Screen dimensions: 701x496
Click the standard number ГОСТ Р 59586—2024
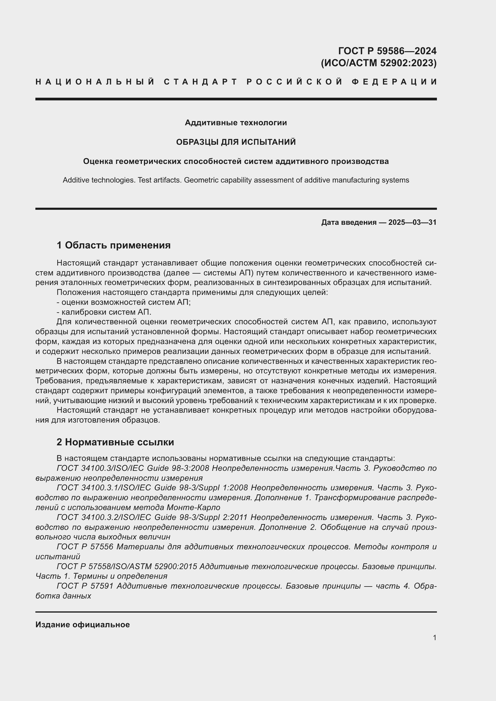tap(387, 51)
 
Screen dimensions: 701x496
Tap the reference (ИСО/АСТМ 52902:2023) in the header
tap(378, 63)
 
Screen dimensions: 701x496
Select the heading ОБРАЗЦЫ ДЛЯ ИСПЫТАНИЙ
tap(236, 142)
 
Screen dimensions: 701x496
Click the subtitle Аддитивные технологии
tap(236, 123)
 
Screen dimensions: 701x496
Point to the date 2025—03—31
tap(412, 222)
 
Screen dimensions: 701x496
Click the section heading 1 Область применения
tap(114, 245)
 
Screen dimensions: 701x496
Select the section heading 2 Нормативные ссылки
tap(115, 442)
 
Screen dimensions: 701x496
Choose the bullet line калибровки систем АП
tap(104, 312)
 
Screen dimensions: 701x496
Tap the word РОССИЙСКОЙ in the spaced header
tap(294, 82)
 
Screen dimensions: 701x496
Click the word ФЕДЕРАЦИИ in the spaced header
tap(395, 82)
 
